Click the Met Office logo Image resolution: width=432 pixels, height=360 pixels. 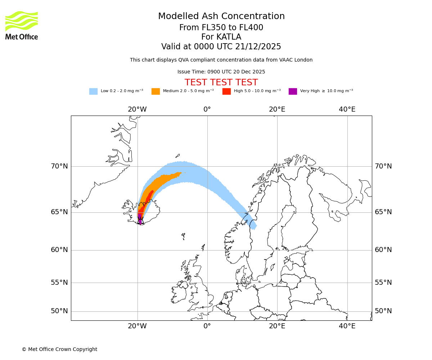(x=22, y=26)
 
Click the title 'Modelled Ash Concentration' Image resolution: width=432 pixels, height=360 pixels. (x=221, y=17)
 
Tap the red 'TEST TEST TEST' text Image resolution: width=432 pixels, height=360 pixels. (x=221, y=83)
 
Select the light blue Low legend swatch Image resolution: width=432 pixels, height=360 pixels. (x=93, y=91)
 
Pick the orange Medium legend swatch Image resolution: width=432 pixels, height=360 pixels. (x=156, y=91)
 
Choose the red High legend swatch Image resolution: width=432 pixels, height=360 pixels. (x=226, y=91)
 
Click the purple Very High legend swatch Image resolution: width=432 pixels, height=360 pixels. (x=293, y=91)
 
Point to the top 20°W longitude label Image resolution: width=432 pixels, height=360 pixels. (x=137, y=109)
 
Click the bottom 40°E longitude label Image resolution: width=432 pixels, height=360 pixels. (x=347, y=326)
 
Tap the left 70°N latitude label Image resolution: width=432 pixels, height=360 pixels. (x=59, y=166)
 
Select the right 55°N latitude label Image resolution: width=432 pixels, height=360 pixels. (x=383, y=283)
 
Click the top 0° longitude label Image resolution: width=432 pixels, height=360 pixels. (x=207, y=109)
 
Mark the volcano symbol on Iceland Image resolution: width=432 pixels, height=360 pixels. (x=140, y=220)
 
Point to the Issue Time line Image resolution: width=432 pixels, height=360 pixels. (x=221, y=72)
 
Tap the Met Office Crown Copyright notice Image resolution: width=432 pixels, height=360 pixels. (x=59, y=350)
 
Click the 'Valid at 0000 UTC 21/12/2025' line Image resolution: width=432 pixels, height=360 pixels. (x=221, y=47)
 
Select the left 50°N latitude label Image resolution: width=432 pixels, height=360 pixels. (x=59, y=311)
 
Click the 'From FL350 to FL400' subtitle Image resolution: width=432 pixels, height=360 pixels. (x=221, y=28)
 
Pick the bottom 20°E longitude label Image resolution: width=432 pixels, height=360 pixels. (x=277, y=326)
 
